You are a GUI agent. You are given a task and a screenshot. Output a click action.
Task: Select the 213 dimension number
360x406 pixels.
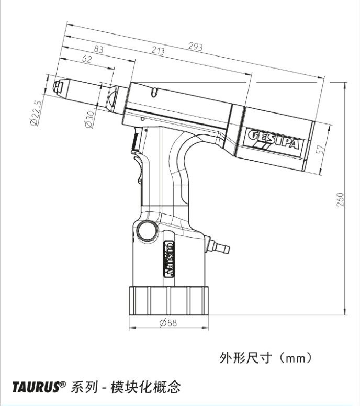(x=157, y=51)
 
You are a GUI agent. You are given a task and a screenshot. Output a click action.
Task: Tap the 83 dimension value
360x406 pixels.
(x=98, y=49)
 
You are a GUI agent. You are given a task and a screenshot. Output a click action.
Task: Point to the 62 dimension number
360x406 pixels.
(x=87, y=60)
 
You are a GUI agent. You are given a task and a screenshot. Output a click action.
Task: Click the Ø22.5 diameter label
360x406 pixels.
(x=36, y=113)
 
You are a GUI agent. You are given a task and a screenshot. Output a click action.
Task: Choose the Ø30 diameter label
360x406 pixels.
(x=89, y=119)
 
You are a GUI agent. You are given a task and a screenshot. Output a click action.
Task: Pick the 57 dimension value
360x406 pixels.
(x=323, y=150)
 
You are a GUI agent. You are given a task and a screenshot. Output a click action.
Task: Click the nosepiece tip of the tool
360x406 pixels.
(x=58, y=87)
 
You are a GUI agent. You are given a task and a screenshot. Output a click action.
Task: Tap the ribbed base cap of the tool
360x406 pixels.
(x=168, y=300)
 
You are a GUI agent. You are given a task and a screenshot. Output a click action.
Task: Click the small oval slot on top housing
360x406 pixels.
(x=153, y=93)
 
